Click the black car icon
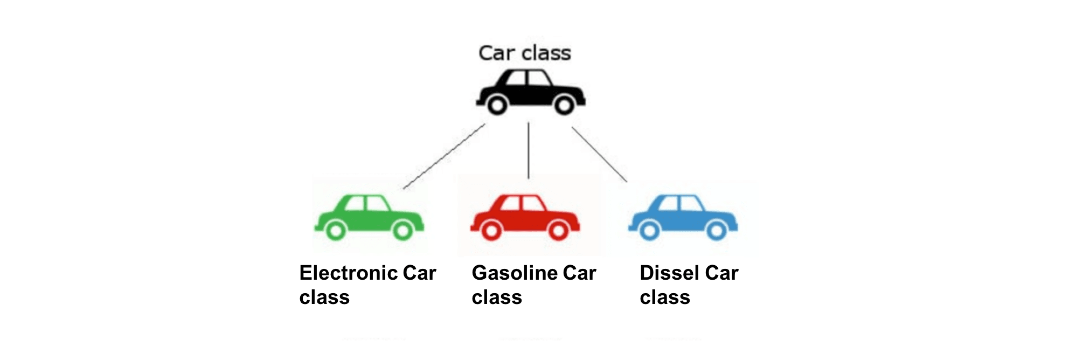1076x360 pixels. coord(531,92)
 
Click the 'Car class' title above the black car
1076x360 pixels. coord(524,53)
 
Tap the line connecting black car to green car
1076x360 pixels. coord(444,156)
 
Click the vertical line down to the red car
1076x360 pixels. coord(528,151)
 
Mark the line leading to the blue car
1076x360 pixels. coord(599,155)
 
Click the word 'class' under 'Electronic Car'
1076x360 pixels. coord(324,297)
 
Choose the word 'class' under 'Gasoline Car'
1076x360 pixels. coord(497,297)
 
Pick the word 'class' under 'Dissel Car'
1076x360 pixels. coord(665,297)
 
